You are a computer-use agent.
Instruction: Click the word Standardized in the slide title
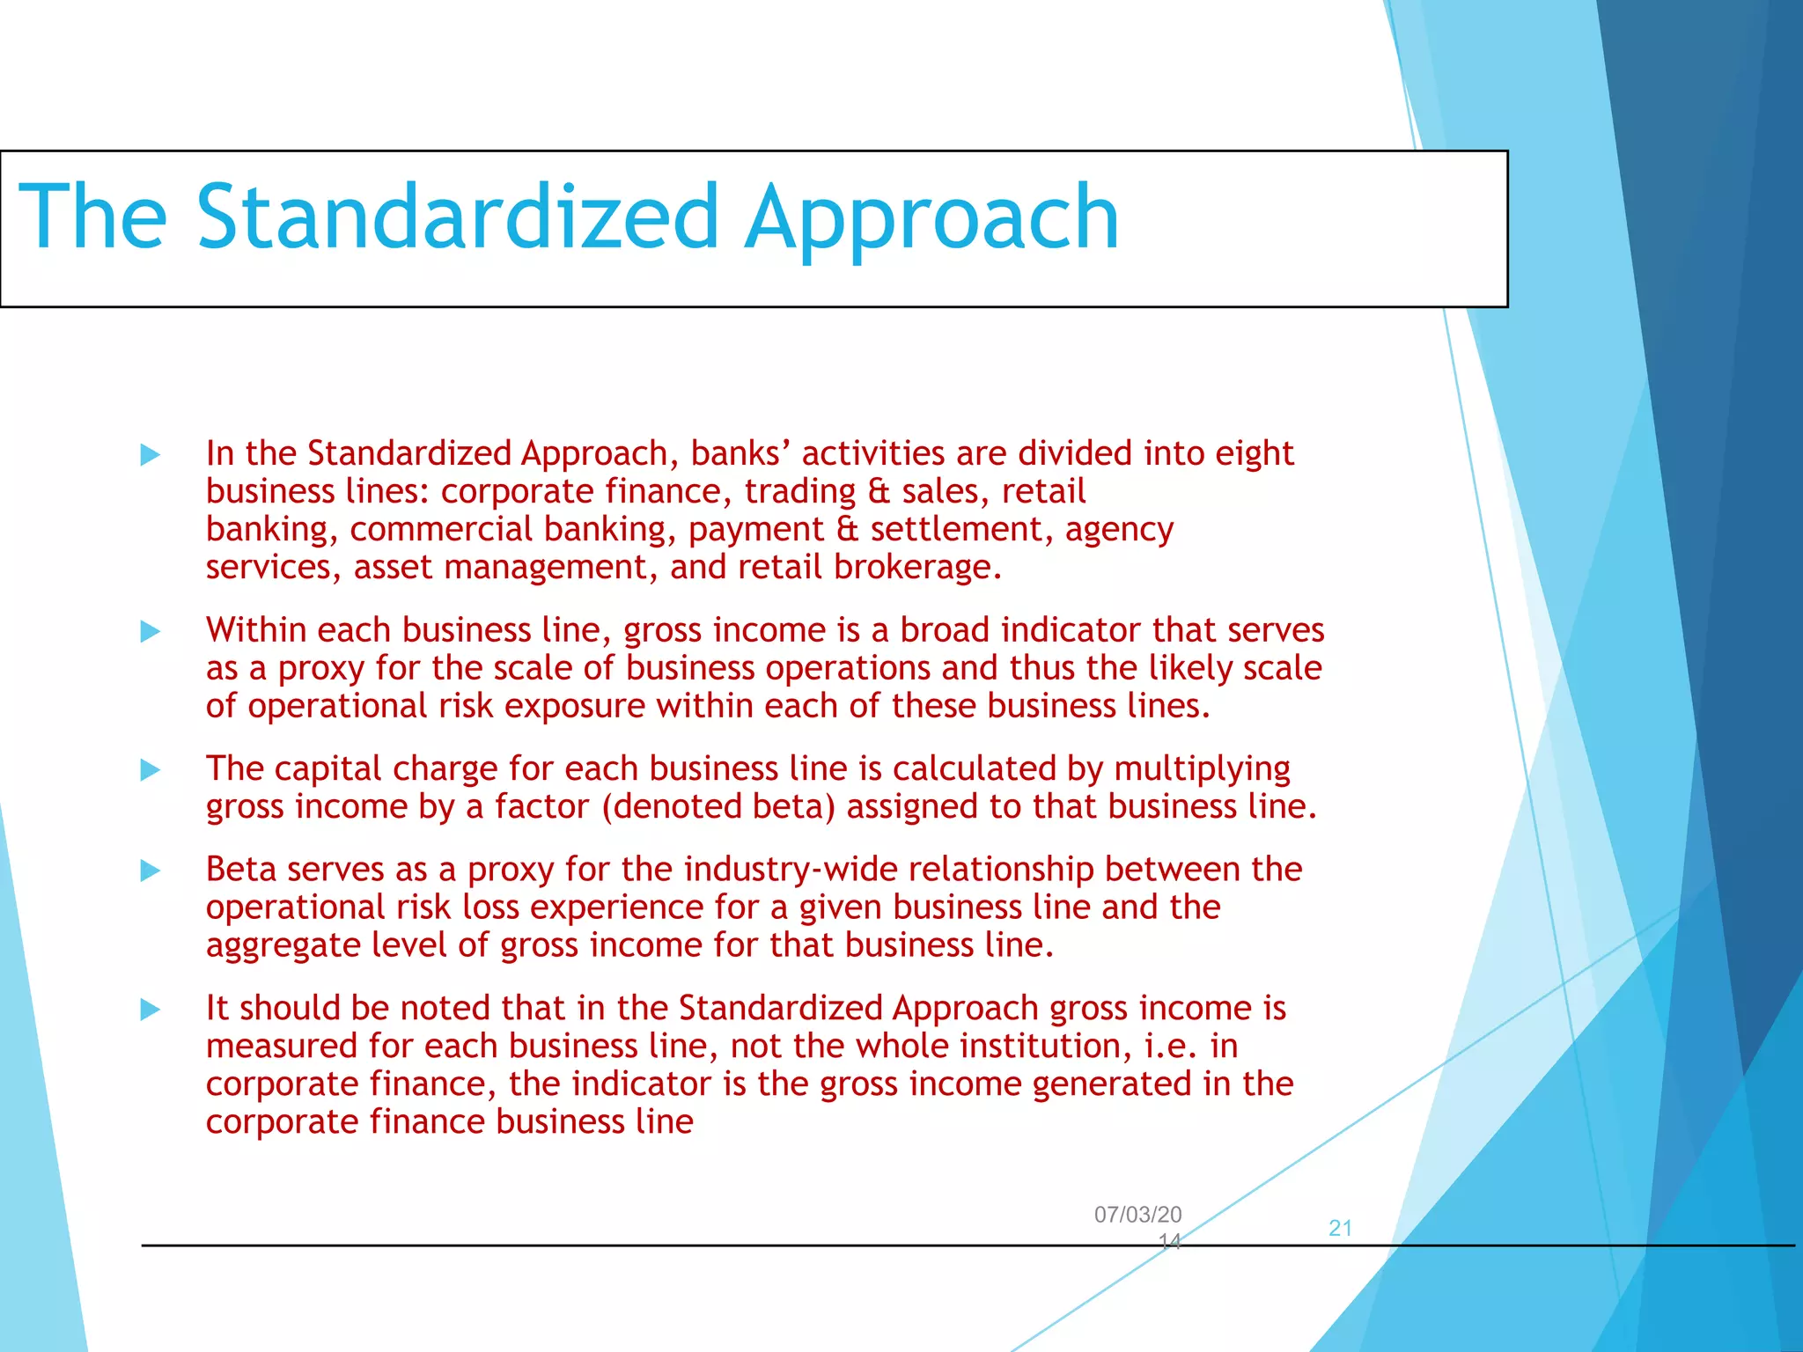click(x=458, y=217)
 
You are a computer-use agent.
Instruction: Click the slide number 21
click(x=1340, y=1228)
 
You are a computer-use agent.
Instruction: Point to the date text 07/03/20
click(x=1137, y=1215)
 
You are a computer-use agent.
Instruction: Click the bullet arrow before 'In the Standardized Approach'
click(x=151, y=455)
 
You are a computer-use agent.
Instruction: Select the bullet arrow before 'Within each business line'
click(x=151, y=631)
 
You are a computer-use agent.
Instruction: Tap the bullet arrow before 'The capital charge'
click(x=151, y=770)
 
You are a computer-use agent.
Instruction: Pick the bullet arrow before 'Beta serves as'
click(x=151, y=871)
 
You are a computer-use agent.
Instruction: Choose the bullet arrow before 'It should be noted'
click(x=151, y=1010)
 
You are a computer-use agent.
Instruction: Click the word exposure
click(x=575, y=707)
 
